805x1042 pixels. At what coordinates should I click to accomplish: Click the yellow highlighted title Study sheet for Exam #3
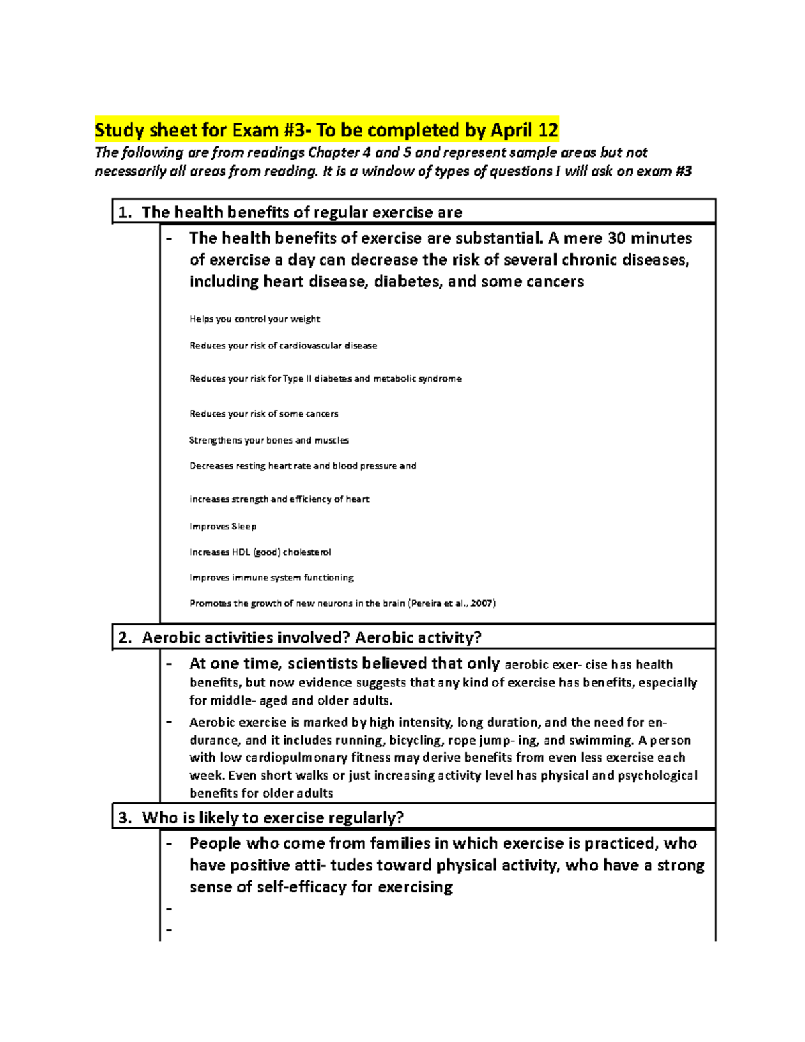326,129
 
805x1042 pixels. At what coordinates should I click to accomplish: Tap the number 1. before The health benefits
125,213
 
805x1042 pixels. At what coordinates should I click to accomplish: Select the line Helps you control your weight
254,319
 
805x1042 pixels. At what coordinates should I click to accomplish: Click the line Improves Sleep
223,526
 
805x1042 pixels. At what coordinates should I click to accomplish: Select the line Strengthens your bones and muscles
269,440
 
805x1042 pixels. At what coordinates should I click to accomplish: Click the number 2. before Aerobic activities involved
125,638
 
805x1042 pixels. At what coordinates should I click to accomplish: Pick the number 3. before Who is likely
125,818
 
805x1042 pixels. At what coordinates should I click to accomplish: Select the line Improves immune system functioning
271,577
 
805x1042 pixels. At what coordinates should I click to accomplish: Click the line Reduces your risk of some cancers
264,413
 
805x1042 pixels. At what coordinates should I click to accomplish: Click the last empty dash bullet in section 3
169,930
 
